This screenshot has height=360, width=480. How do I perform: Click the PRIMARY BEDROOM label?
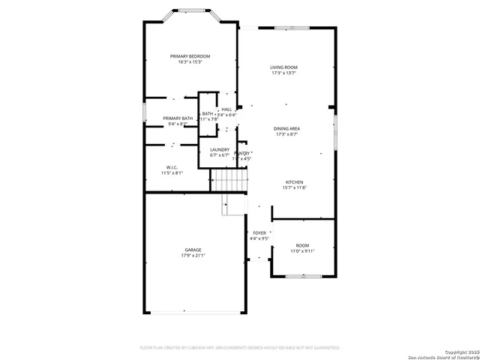(x=190, y=56)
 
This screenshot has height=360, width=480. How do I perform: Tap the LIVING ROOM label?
(x=284, y=67)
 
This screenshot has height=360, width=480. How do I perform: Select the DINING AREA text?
(x=287, y=128)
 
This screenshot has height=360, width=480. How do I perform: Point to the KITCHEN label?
(x=295, y=182)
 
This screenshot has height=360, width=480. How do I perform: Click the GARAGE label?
(x=193, y=250)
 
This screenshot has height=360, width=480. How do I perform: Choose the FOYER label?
(x=259, y=233)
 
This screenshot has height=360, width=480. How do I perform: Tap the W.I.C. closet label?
(x=172, y=167)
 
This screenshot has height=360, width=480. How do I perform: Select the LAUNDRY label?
(x=220, y=149)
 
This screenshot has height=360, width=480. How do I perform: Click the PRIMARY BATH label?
(x=178, y=118)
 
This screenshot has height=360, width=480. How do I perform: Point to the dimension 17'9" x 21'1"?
(x=193, y=256)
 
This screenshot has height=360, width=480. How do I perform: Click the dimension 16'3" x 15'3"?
(x=190, y=62)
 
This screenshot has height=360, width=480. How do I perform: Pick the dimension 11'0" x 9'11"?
(x=302, y=251)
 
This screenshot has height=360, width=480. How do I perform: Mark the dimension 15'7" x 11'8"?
(x=295, y=187)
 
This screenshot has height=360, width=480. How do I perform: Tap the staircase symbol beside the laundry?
(x=229, y=180)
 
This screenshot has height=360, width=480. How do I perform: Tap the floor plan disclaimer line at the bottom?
(x=240, y=348)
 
